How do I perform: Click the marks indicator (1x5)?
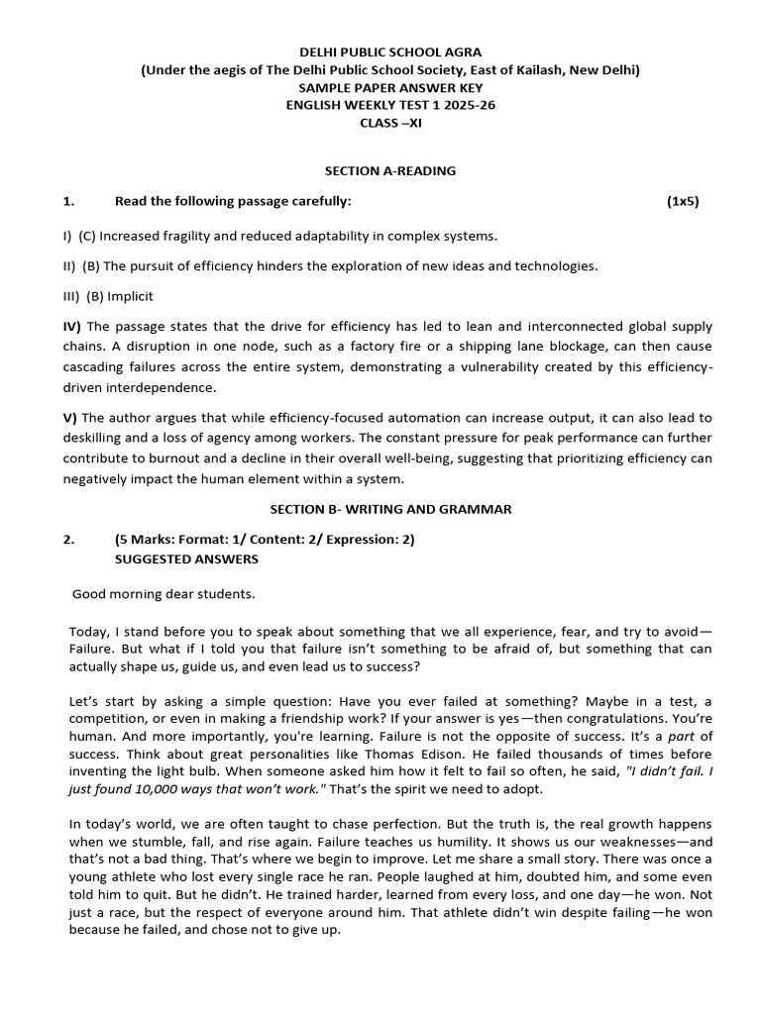683,201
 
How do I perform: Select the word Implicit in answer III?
131,295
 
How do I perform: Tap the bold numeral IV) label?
73,326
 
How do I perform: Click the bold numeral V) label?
70,418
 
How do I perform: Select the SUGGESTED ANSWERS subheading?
187,558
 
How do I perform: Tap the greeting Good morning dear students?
163,594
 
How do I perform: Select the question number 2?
68,540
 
